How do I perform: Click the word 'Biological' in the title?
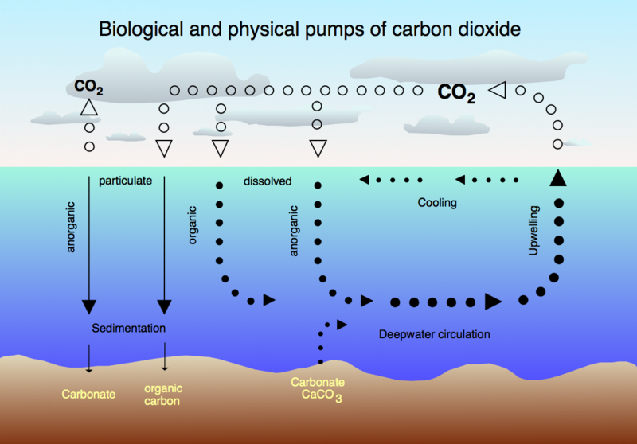[x=141, y=29]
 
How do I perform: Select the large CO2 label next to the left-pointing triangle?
[x=456, y=94]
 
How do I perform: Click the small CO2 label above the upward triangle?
[x=88, y=88]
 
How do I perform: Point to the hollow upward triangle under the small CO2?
[x=89, y=107]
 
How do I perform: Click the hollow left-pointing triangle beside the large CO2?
[x=497, y=90]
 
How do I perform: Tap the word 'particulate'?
[x=126, y=181]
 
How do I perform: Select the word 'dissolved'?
[x=268, y=181]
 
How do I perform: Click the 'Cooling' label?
[x=437, y=203]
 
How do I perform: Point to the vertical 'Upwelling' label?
[x=533, y=231]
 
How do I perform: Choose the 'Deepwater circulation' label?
[x=434, y=334]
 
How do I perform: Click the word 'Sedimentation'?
[x=128, y=328]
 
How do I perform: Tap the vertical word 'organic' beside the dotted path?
[x=192, y=225]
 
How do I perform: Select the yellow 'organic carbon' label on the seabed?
[x=163, y=395]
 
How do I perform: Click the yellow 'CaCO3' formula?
[x=322, y=395]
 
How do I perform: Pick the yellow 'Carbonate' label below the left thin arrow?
[x=88, y=394]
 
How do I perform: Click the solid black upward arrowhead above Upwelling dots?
[x=558, y=178]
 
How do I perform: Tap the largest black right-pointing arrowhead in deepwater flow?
[x=493, y=302]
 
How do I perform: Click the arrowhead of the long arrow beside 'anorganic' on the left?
[x=89, y=307]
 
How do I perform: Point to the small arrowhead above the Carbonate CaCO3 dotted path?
[x=342, y=325]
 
